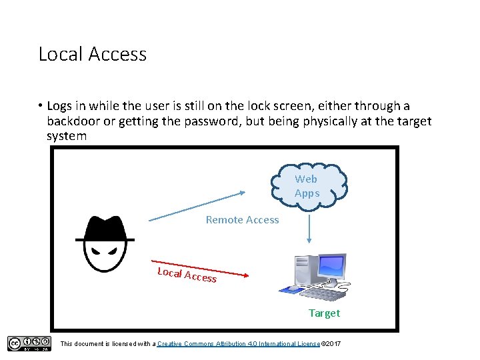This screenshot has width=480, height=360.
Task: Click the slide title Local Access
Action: tap(92, 54)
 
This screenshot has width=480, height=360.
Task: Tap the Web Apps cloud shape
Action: tap(307, 186)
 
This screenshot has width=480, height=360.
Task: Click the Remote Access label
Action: tap(242, 219)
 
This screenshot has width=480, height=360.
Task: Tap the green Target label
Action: tap(324, 313)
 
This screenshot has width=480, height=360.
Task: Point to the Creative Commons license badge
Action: tap(29, 343)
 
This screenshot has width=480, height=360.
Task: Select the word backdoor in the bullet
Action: tap(73, 121)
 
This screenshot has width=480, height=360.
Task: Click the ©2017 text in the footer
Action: tap(331, 343)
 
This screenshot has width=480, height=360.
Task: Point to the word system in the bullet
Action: tap(67, 136)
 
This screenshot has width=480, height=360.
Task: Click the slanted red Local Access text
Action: tap(187, 274)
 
